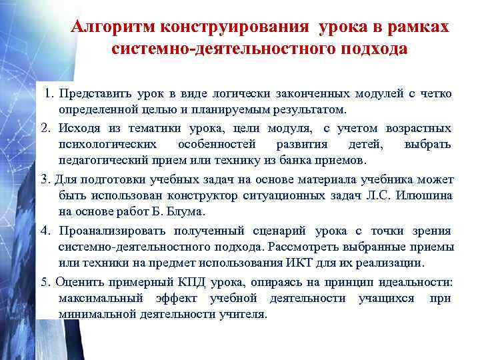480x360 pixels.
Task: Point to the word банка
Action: (296, 161)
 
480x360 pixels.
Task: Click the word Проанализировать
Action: (111, 231)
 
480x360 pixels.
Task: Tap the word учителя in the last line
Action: (242, 314)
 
